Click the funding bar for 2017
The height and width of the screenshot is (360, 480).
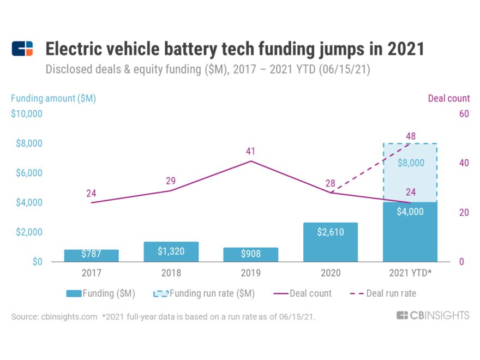point(91,255)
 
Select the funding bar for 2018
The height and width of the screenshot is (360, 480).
point(171,251)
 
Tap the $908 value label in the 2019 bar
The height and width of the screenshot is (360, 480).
point(251,254)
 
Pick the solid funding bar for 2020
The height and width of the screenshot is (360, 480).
point(331,242)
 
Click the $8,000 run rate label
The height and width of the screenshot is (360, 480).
point(410,163)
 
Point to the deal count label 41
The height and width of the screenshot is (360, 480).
point(251,151)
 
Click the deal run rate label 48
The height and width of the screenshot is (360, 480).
point(410,135)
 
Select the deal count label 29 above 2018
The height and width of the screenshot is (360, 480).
point(171,181)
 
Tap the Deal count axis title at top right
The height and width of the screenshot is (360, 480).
point(448,98)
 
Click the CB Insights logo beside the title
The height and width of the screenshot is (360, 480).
point(22,49)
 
